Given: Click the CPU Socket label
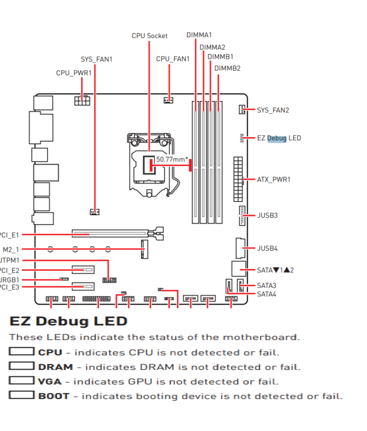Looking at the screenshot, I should (150, 36).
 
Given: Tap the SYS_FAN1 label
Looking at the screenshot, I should (97, 59).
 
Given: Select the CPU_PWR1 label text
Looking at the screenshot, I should (74, 73).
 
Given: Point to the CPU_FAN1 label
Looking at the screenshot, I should (173, 59).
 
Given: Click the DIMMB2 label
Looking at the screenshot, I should (227, 68).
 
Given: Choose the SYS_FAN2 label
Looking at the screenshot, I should (273, 110).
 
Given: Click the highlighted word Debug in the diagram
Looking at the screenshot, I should (277, 138).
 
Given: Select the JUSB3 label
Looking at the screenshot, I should (267, 215).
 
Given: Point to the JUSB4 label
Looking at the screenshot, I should (267, 248).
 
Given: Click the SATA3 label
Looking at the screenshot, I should (267, 286).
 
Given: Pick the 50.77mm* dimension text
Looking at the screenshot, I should (172, 159).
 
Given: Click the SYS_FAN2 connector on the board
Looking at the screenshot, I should (242, 110).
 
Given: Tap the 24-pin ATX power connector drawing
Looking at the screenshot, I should (238, 179).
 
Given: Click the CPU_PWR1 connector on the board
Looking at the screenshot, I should (82, 100).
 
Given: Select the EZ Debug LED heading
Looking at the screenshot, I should (68, 321).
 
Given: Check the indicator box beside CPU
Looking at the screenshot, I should (21, 352).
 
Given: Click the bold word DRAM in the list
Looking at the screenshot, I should (56, 367).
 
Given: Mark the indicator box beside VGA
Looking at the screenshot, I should (21, 381).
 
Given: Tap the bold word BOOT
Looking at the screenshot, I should (54, 396).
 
